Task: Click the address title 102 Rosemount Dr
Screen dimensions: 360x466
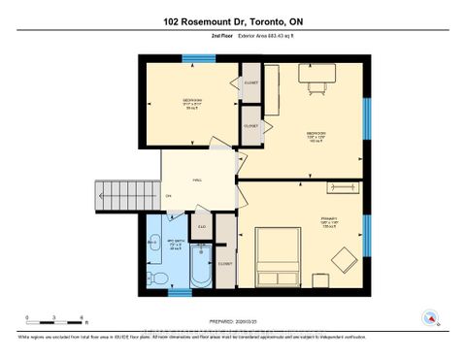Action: tap(233, 20)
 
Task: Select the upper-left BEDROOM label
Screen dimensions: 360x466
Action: tap(193, 100)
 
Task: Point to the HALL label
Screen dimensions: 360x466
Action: tap(197, 180)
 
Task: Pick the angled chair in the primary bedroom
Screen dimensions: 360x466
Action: tap(343, 258)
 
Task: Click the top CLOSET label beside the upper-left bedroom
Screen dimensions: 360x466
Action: tap(250, 83)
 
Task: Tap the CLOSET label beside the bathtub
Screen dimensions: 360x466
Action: tap(225, 263)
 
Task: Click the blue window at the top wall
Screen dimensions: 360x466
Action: tap(196, 58)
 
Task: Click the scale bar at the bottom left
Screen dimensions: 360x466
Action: tap(56, 317)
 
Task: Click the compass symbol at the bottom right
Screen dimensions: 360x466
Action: tap(427, 316)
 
